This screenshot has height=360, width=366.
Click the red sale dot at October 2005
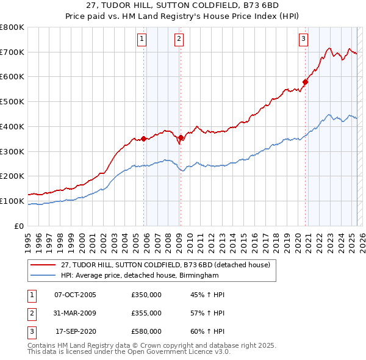(x=144, y=139)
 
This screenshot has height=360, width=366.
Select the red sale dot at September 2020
(x=305, y=82)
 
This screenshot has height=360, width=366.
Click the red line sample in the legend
(x=43, y=265)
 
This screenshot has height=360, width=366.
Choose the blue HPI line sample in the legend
(x=43, y=276)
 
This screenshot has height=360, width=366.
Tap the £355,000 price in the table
(x=146, y=313)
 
